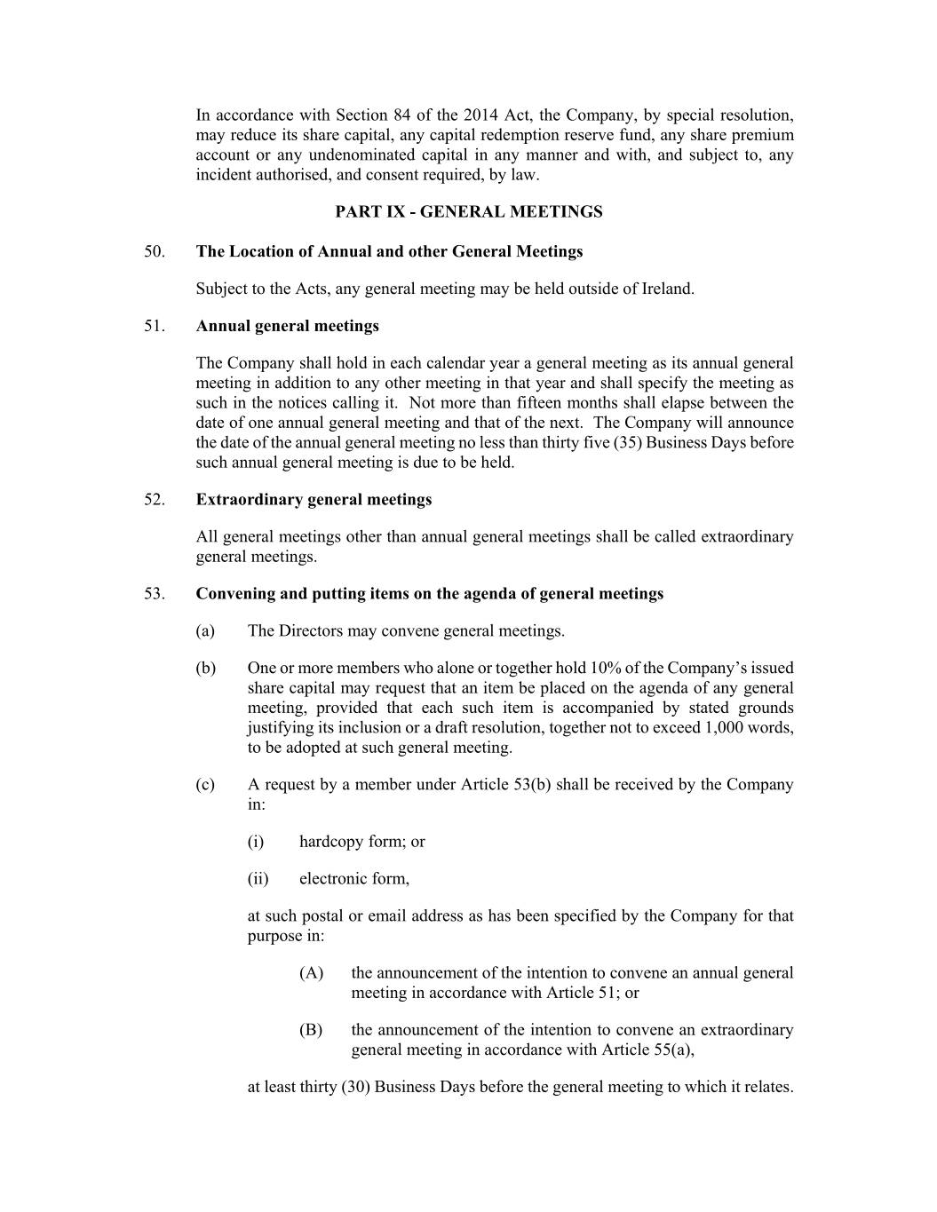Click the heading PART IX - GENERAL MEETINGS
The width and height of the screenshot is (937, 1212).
pyautogui.click(x=468, y=212)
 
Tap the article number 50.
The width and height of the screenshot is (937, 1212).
pyautogui.click(x=155, y=251)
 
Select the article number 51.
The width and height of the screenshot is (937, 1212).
pyautogui.click(x=155, y=326)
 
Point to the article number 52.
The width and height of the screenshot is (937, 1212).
pyautogui.click(x=155, y=500)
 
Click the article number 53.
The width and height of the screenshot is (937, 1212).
pyautogui.click(x=155, y=594)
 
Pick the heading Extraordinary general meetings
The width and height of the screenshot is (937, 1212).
pyautogui.click(x=314, y=500)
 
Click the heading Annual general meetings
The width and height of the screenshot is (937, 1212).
pyautogui.click(x=287, y=326)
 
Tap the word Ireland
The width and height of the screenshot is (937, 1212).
pyautogui.click(x=666, y=289)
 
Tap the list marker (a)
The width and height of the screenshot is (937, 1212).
pyautogui.click(x=205, y=631)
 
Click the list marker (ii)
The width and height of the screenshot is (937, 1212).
pyautogui.click(x=258, y=879)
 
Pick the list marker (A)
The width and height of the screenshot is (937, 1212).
pyautogui.click(x=311, y=973)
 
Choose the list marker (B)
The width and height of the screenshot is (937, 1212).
pyautogui.click(x=311, y=1031)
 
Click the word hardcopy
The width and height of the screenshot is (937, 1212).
pyautogui.click(x=327, y=842)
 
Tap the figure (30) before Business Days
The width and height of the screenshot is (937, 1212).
pyautogui.click(x=355, y=1088)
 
